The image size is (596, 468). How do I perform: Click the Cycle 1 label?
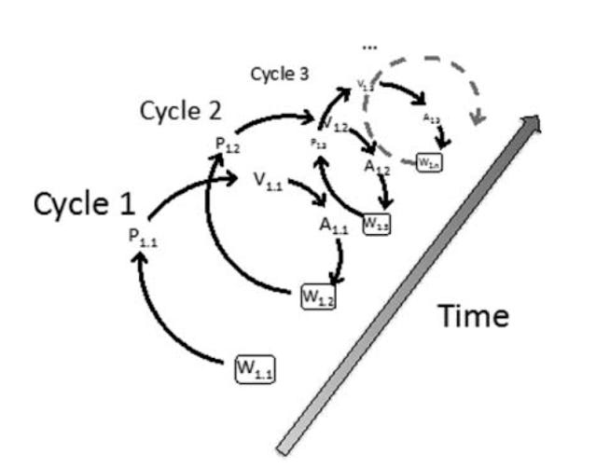[x=85, y=204]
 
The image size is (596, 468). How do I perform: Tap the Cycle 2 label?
[x=181, y=111]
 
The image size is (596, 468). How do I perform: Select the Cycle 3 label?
[x=280, y=76]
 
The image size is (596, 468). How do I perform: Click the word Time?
[x=474, y=317]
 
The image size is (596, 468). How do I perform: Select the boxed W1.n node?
[x=429, y=162]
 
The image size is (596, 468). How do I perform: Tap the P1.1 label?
[x=144, y=235]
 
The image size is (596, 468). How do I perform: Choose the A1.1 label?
[x=334, y=224]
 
